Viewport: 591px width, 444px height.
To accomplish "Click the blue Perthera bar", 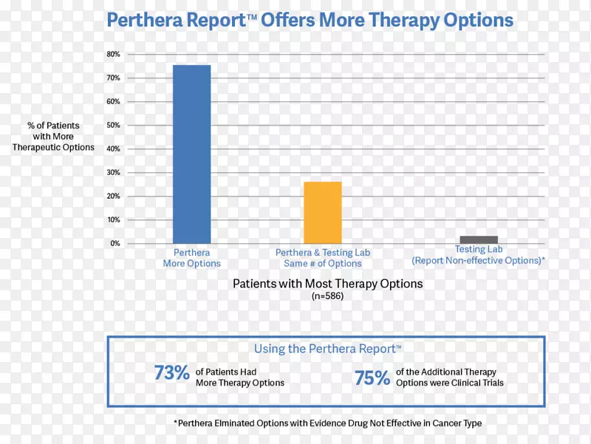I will click(x=191, y=154).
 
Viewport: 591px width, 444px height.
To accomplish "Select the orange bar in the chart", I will click(x=323, y=212).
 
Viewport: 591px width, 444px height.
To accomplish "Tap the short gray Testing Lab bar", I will click(x=479, y=239).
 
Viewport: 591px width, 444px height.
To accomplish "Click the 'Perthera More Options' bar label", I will click(x=191, y=258).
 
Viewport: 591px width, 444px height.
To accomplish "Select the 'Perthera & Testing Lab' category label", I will click(x=323, y=253).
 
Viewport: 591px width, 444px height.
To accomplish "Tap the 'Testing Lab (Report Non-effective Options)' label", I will click(x=479, y=255).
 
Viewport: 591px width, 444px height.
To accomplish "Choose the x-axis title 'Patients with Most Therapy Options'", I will click(x=327, y=283).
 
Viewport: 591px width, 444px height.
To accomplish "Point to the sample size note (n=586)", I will click(x=327, y=296).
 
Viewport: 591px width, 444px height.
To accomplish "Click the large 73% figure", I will click(x=171, y=374).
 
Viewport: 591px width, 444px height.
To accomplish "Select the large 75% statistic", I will click(x=372, y=378).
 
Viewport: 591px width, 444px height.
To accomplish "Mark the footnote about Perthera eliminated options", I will click(x=327, y=423).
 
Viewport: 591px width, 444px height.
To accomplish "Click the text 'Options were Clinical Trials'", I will click(x=449, y=383).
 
